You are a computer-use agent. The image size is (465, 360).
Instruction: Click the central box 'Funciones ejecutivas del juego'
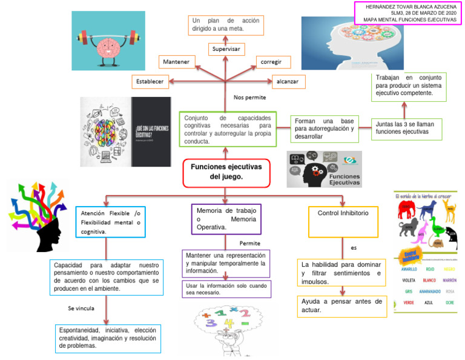226,172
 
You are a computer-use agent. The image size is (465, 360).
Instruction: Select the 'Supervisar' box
225,48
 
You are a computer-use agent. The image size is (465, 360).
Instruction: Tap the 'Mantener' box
176,62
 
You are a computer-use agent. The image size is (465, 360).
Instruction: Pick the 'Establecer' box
150,81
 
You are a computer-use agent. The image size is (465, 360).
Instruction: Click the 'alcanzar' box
288,81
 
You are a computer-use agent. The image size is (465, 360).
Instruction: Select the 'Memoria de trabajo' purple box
226,219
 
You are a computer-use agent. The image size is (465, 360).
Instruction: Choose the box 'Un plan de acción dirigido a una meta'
225,24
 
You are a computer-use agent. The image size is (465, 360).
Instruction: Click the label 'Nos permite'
249,98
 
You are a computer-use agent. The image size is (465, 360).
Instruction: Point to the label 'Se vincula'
81,308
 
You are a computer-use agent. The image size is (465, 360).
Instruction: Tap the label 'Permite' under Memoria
249,244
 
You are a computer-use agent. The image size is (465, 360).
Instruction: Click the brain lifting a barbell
108,41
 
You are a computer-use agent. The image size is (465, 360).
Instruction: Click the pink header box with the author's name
408,12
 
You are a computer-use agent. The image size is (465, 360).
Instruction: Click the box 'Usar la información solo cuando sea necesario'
226,288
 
